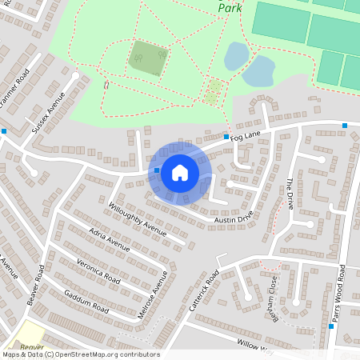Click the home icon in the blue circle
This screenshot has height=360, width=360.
coord(179,172)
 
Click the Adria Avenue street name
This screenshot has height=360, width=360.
coord(109,238)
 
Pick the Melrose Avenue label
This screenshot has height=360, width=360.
coord(154,295)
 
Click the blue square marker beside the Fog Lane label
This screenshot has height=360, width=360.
coord(226,137)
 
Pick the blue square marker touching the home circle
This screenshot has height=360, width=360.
coord(156,170)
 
